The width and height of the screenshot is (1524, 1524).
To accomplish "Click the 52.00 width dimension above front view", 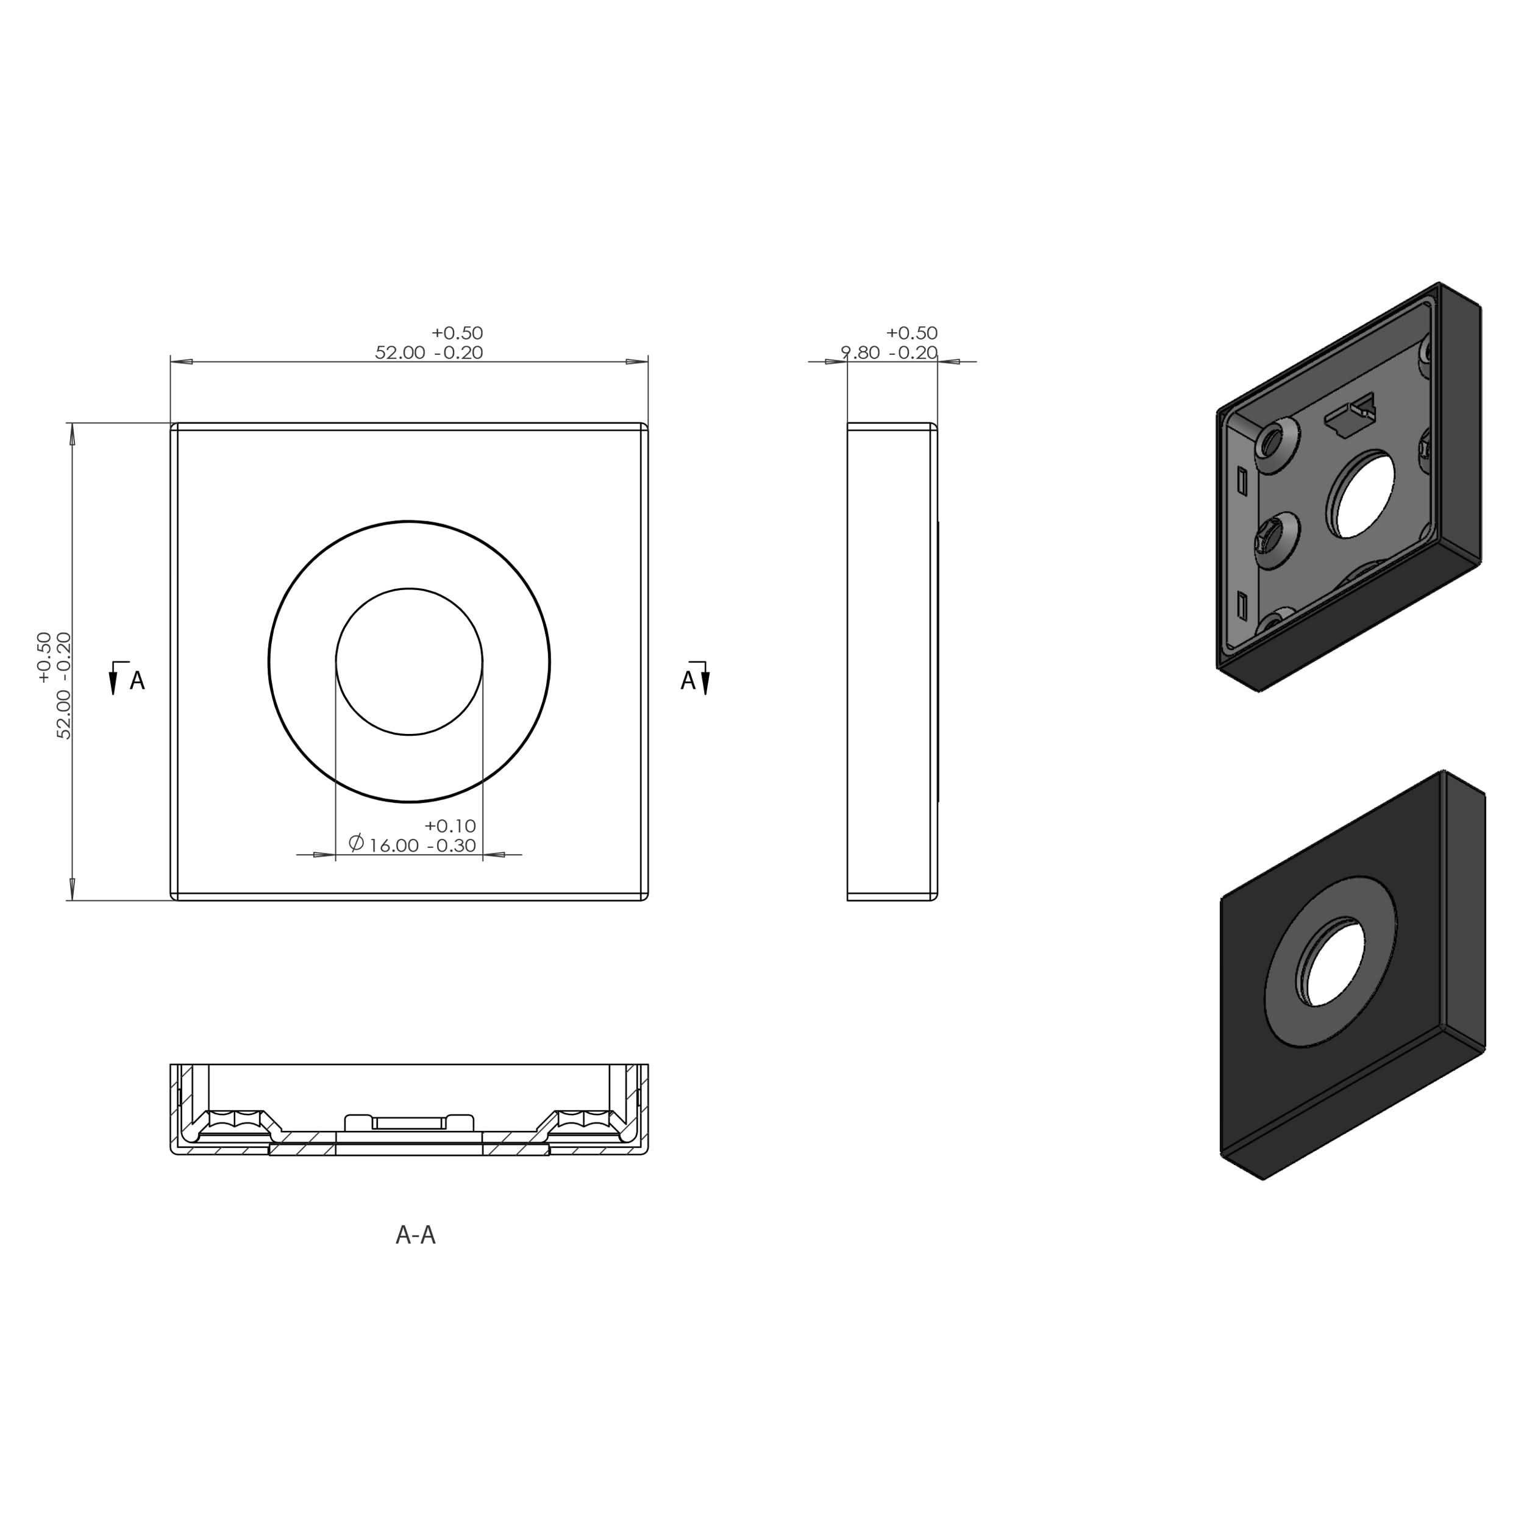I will point(400,352).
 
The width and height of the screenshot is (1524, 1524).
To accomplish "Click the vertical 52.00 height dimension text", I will point(64,685).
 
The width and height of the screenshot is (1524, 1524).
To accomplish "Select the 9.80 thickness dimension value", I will point(861,352).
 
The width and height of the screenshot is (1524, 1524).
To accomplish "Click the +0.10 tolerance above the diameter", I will point(450,826).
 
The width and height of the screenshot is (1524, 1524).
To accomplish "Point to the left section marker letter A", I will point(137,681).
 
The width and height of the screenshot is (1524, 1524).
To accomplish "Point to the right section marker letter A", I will point(688,681).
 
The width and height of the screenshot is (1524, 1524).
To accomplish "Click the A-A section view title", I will point(415,1235).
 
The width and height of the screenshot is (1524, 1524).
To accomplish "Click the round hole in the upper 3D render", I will point(1361,494).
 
